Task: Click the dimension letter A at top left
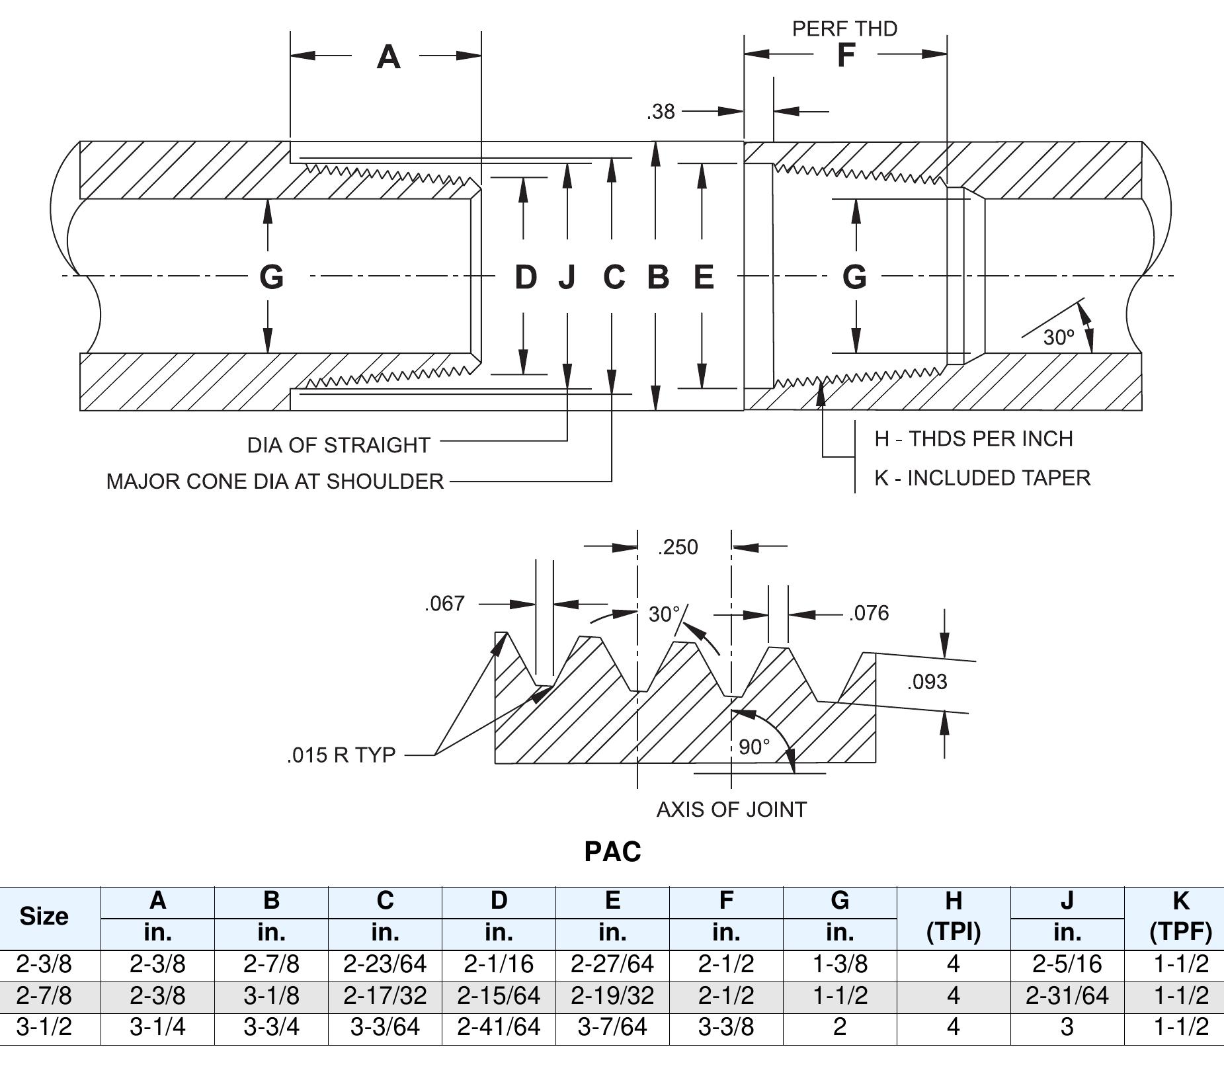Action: tap(388, 57)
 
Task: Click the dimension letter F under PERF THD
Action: tap(846, 55)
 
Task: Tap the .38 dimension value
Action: tap(661, 112)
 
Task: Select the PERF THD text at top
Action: tap(844, 28)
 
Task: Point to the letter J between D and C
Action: tap(567, 276)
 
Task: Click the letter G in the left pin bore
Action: tap(271, 276)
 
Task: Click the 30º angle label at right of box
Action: tap(1059, 337)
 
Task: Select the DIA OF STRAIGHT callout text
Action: tap(339, 445)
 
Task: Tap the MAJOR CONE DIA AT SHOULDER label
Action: tap(274, 481)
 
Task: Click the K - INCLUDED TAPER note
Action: tap(982, 478)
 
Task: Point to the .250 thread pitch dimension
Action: tap(678, 547)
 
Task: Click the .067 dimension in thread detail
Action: tap(444, 603)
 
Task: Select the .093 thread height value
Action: tap(927, 682)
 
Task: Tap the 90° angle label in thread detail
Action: tap(754, 747)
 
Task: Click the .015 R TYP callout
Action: tap(341, 755)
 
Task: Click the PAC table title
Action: tap(612, 851)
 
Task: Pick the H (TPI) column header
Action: tap(953, 916)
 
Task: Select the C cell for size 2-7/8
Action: tap(385, 995)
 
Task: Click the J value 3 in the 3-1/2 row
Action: tap(1067, 1026)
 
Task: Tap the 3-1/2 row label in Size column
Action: tap(44, 1026)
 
